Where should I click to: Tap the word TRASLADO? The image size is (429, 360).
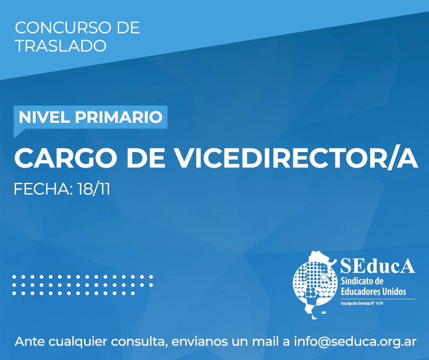[x=61, y=46]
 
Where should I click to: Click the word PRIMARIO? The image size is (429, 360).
[x=119, y=117]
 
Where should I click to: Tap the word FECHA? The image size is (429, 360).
[x=43, y=189]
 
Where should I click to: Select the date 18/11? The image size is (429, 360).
[x=94, y=189]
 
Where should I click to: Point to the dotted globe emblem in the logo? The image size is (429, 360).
[x=314, y=284]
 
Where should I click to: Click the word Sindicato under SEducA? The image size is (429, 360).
[x=354, y=281]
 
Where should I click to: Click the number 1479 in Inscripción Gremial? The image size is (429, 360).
[x=379, y=303]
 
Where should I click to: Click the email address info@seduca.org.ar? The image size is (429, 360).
[x=355, y=342]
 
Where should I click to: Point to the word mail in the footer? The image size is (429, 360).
[x=267, y=341]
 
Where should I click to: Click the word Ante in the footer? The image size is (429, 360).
[x=30, y=341]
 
